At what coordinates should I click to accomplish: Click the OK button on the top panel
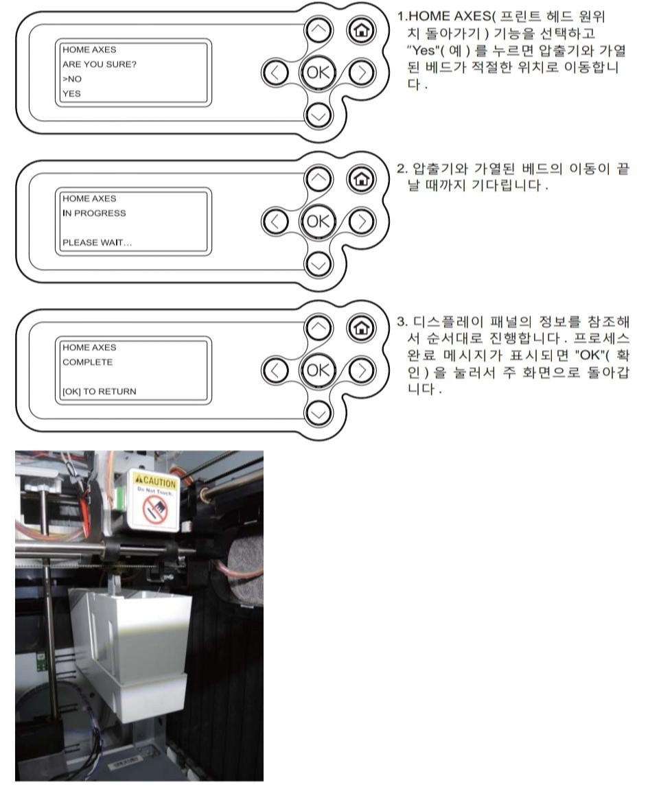click(x=318, y=73)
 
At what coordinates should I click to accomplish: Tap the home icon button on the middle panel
click(x=361, y=178)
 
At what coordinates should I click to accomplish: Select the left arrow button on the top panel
click(x=275, y=73)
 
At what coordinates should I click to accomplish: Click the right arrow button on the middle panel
click(x=362, y=222)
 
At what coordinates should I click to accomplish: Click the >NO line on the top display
click(x=72, y=79)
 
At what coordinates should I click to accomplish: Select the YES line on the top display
click(x=71, y=93)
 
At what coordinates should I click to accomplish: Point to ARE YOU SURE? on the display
click(x=99, y=64)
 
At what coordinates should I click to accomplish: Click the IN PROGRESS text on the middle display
click(x=94, y=213)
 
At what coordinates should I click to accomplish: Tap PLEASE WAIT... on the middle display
click(x=97, y=243)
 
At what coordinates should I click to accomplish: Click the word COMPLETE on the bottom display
click(x=88, y=362)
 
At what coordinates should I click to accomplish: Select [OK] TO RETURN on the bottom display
click(x=99, y=392)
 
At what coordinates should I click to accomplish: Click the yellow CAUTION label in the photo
click(x=156, y=482)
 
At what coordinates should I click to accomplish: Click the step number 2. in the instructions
click(x=402, y=169)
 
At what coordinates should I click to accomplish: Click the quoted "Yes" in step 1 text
click(x=422, y=50)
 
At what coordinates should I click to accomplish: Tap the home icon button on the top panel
click(x=361, y=30)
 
